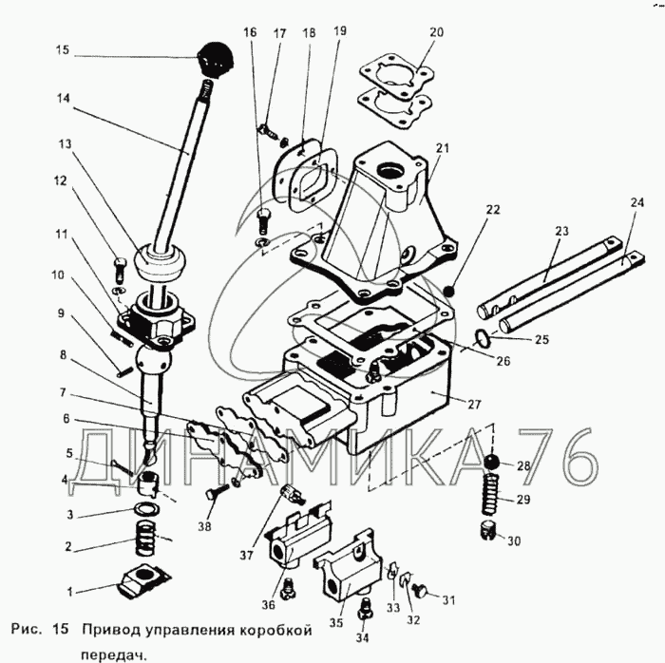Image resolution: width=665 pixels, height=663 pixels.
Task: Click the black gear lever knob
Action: tap(210, 58)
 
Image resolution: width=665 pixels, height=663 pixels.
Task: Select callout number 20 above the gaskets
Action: tap(435, 32)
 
